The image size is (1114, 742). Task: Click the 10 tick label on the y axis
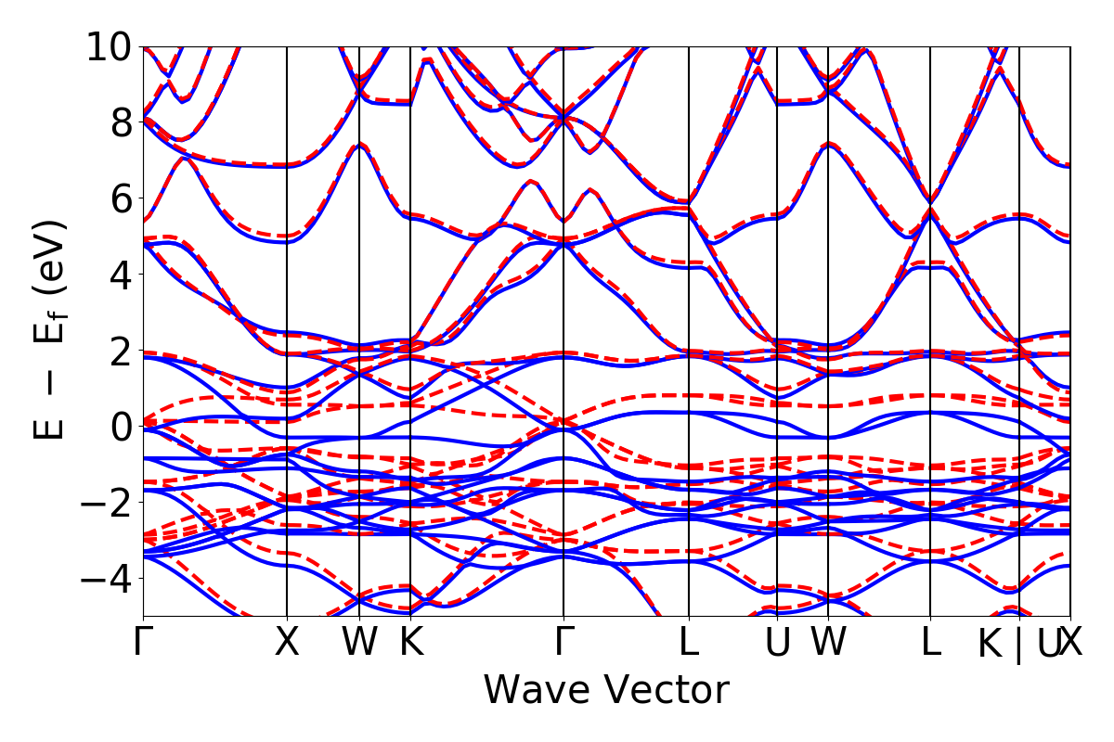coord(110,46)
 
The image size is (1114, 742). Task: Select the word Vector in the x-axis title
coord(665,690)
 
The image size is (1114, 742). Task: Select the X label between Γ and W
coord(287,643)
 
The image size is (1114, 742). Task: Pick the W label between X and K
coord(359,643)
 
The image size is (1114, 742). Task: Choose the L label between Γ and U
coord(689,643)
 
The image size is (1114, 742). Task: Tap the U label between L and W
coord(777,643)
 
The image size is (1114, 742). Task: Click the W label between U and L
coord(828,643)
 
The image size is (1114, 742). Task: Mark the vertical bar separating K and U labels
coord(1019,645)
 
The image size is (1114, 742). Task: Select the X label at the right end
coord(1072,643)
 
